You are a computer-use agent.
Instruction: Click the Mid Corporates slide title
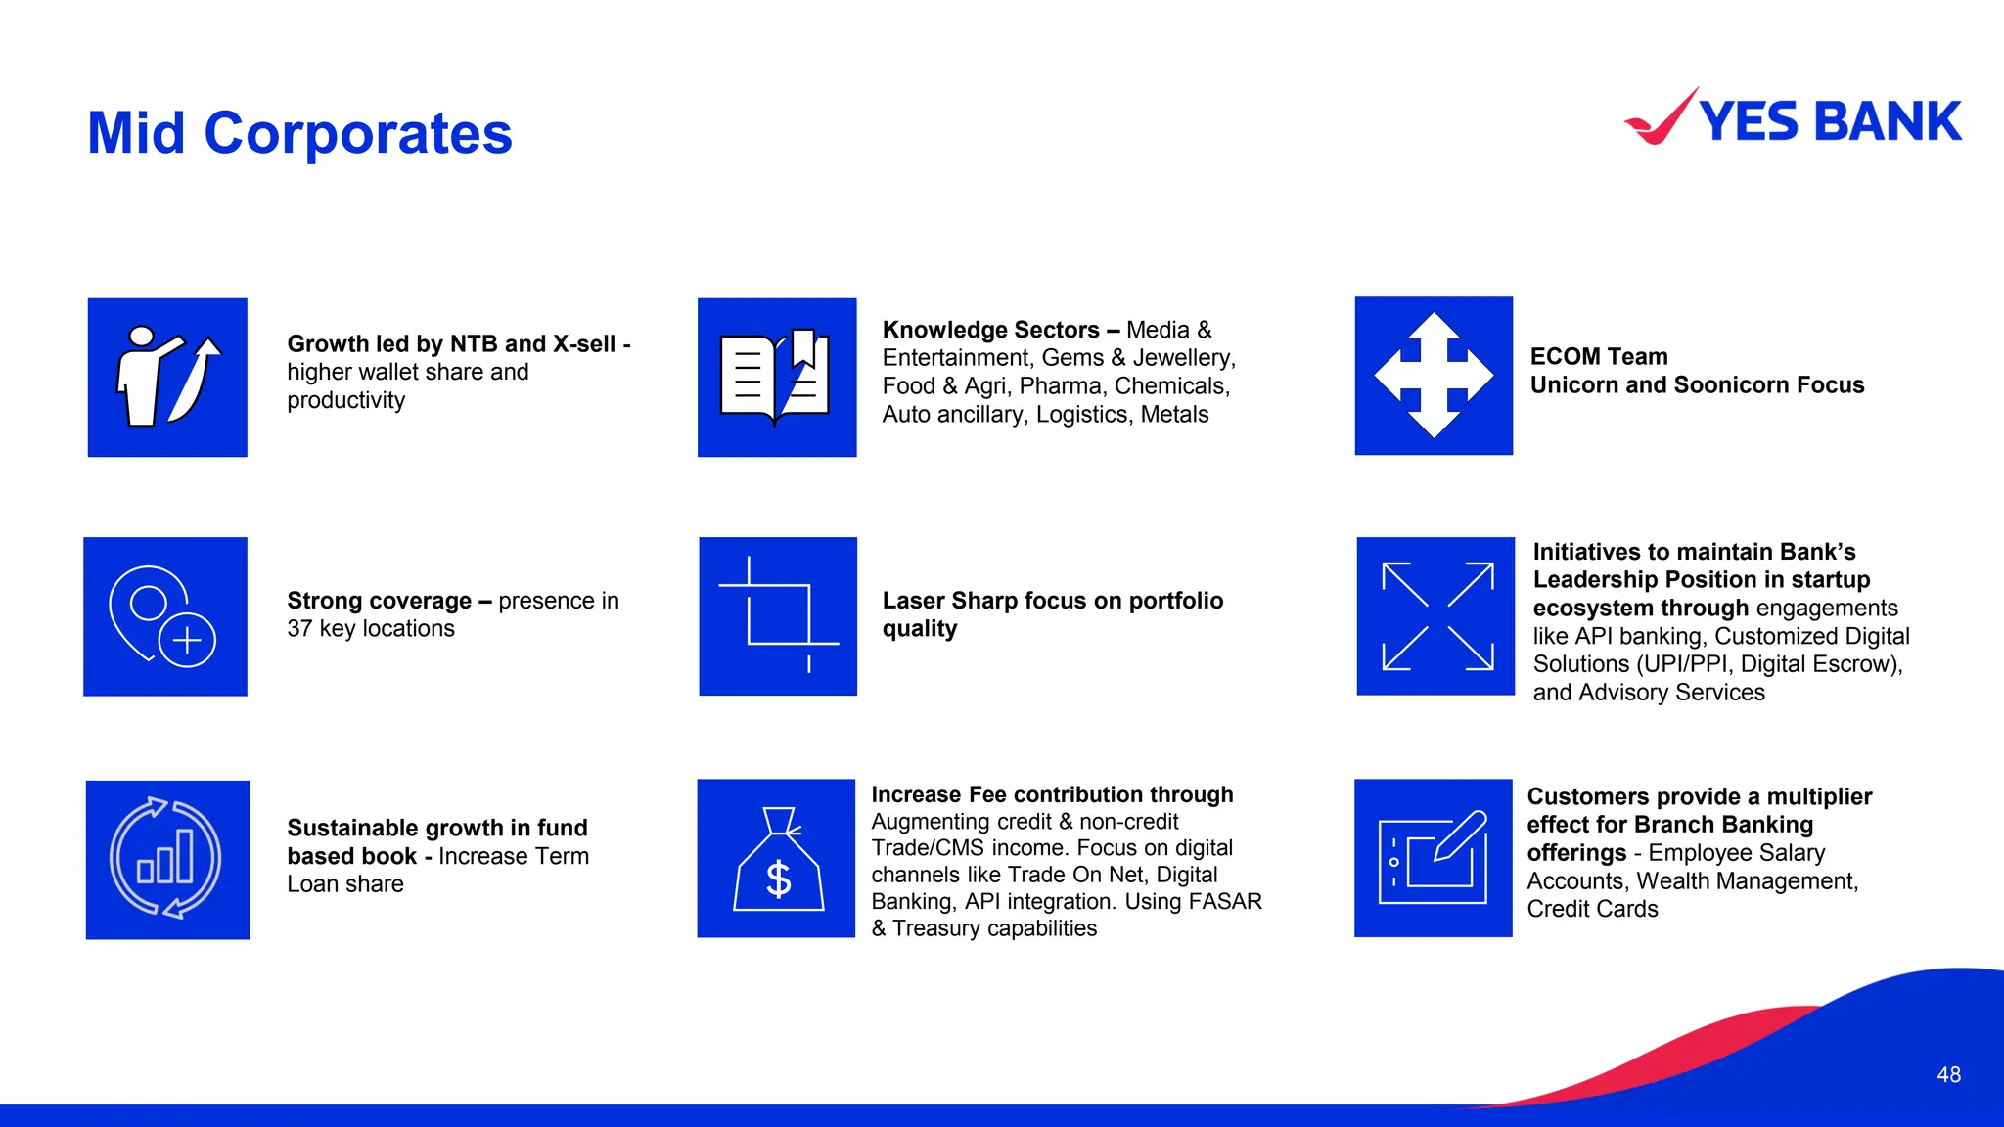299,133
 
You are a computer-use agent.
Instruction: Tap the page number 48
1948,1074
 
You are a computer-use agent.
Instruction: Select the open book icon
776,378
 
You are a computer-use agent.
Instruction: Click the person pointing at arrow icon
167,378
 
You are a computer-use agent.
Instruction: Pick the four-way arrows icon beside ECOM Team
1434,376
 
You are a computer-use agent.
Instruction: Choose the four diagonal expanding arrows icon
1435,616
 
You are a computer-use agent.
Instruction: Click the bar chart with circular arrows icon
167,860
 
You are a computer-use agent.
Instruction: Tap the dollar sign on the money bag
778,879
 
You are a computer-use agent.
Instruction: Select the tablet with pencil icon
1434,858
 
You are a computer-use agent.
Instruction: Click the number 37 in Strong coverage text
299,629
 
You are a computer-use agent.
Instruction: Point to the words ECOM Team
1598,357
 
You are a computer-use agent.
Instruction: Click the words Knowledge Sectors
990,330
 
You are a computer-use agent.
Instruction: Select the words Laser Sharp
949,601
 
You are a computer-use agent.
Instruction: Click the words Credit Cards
1592,909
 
